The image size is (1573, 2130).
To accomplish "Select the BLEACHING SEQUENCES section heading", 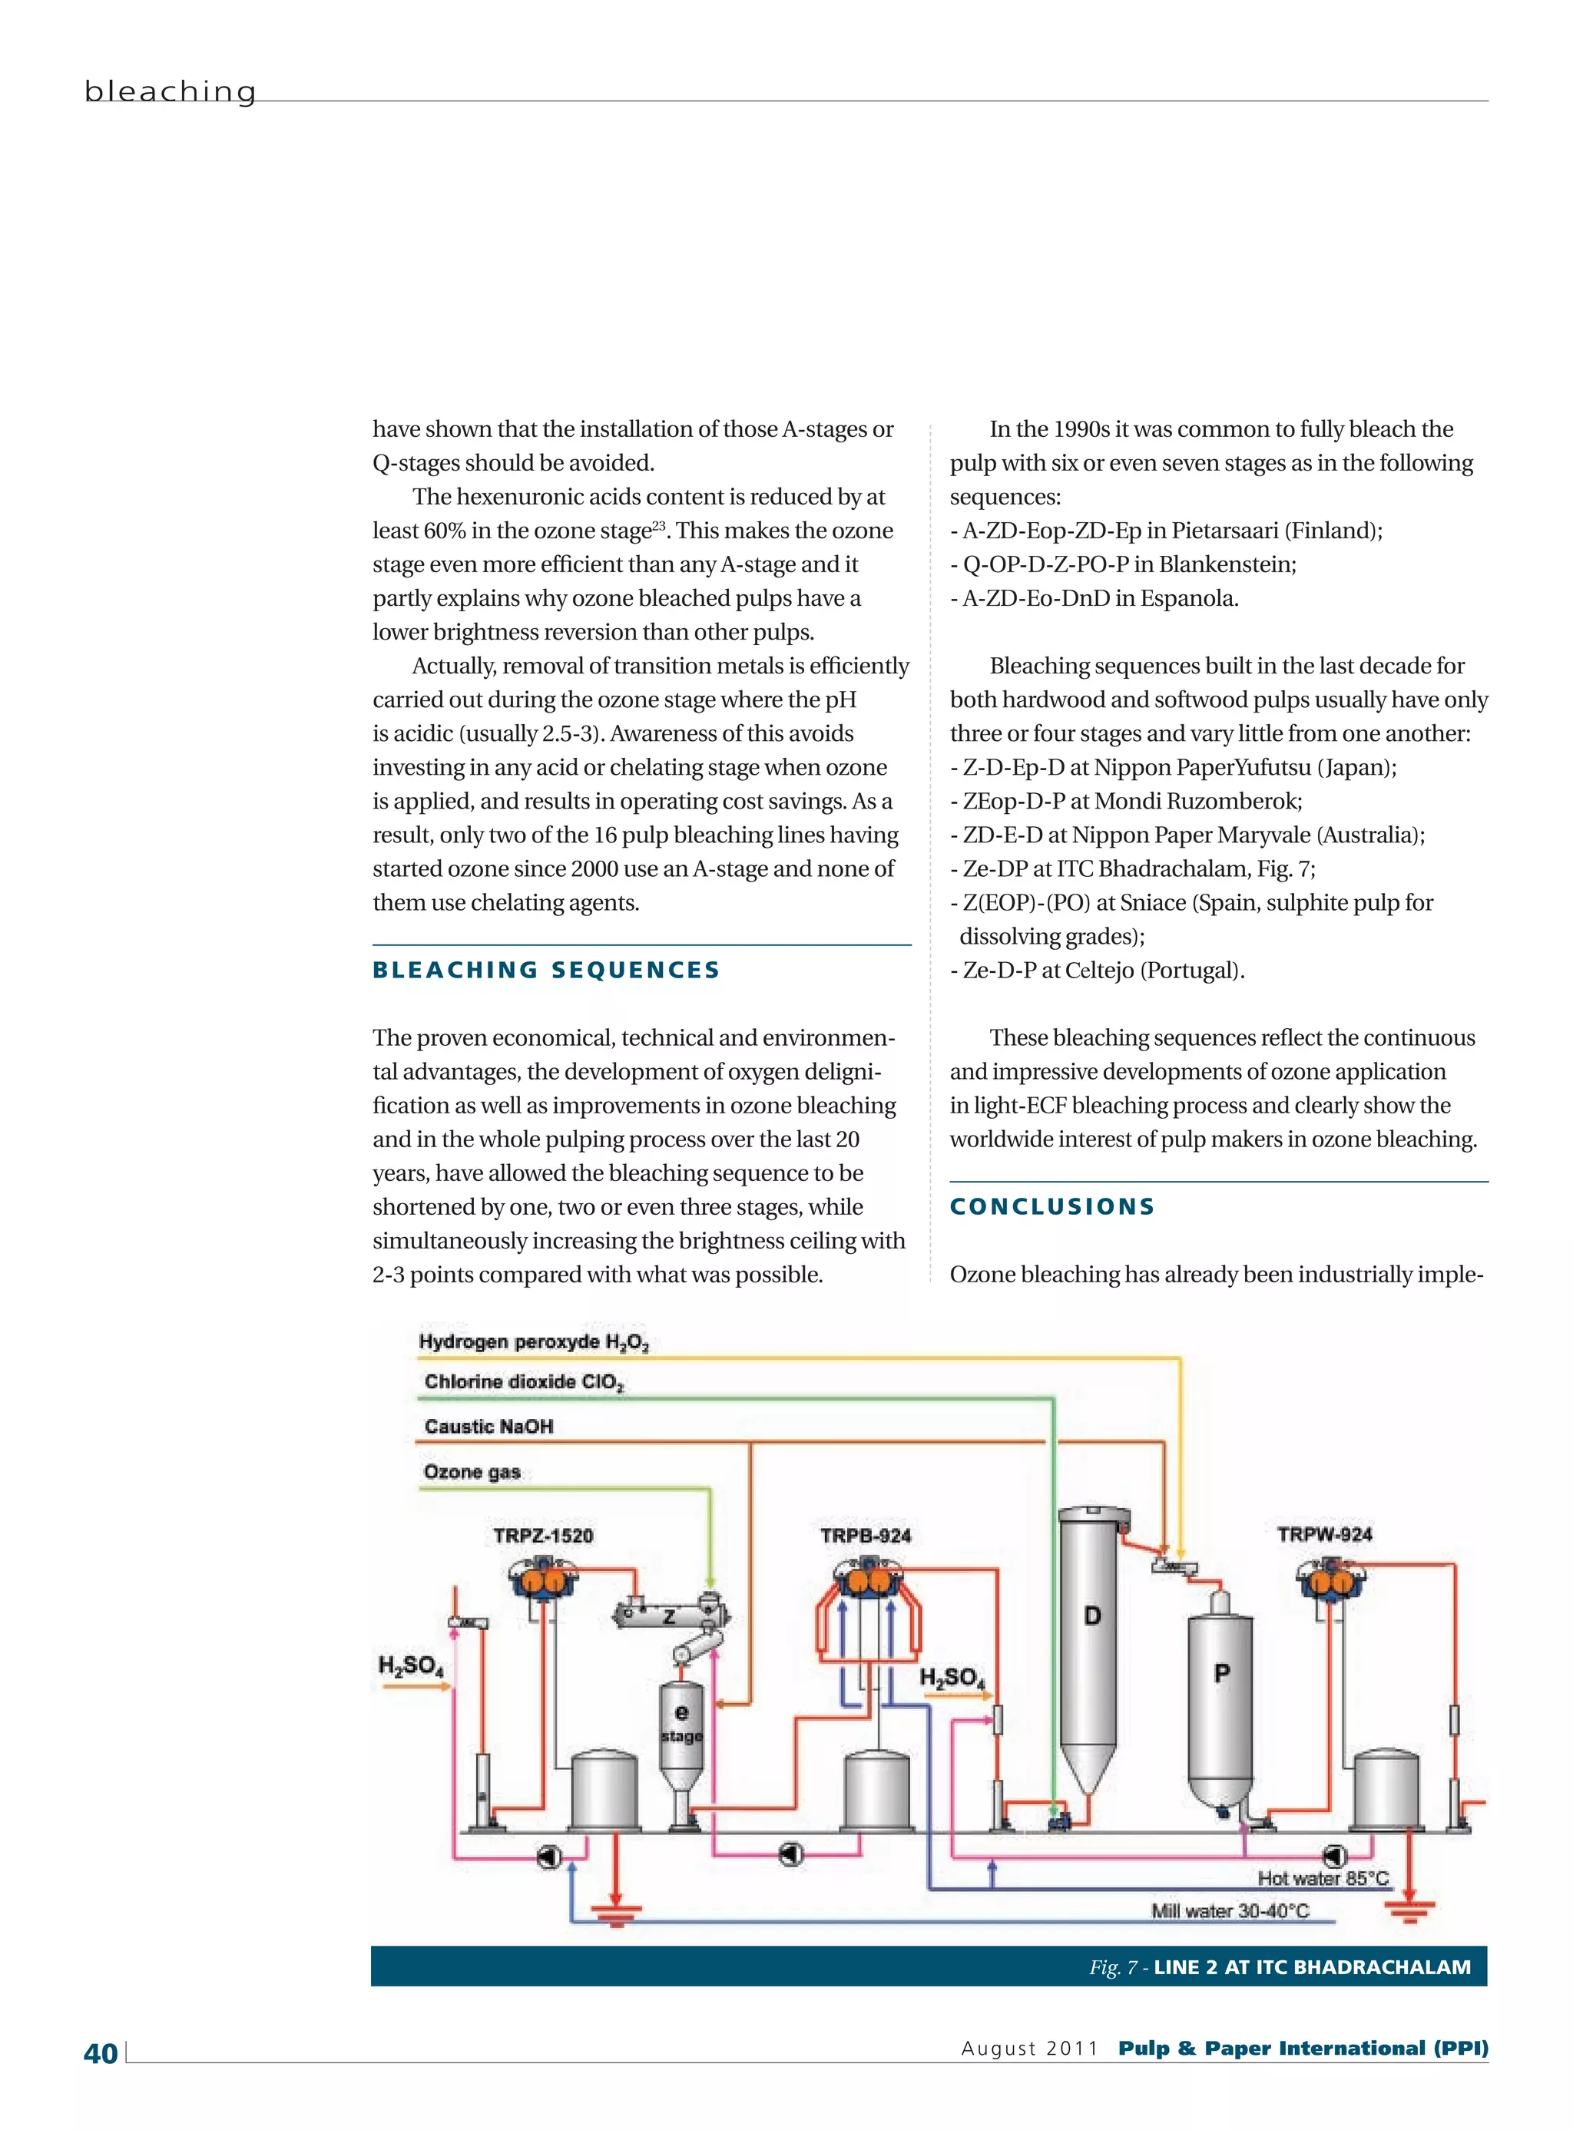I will click(x=545, y=970).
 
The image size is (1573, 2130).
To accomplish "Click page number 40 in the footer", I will click(x=101, y=2053).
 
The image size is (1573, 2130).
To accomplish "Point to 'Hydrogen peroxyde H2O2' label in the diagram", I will click(x=533, y=1342).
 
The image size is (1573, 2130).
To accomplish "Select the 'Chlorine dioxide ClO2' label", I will click(x=524, y=1382).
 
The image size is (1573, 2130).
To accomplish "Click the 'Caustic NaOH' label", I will click(x=488, y=1426).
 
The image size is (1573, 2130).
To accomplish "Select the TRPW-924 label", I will click(x=1324, y=1534).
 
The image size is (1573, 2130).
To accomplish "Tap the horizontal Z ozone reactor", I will click(x=671, y=1616).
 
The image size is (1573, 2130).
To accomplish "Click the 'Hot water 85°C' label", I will click(x=1323, y=1878).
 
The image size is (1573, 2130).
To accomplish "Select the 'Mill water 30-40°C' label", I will click(x=1230, y=1910).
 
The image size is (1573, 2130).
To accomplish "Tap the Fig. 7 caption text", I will click(x=1280, y=1966).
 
